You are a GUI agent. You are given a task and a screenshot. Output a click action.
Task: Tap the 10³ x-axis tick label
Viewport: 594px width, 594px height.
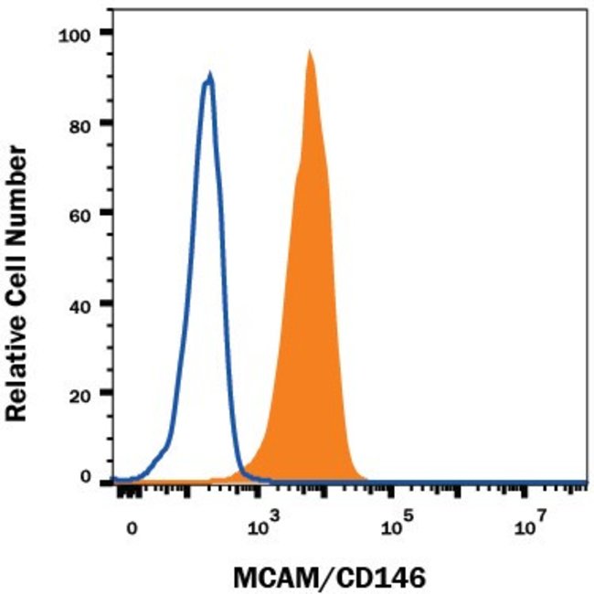[262, 527]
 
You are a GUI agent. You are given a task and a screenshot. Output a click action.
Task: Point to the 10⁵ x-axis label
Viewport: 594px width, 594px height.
[393, 527]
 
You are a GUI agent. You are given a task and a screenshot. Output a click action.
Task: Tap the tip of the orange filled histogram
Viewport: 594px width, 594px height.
[310, 51]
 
